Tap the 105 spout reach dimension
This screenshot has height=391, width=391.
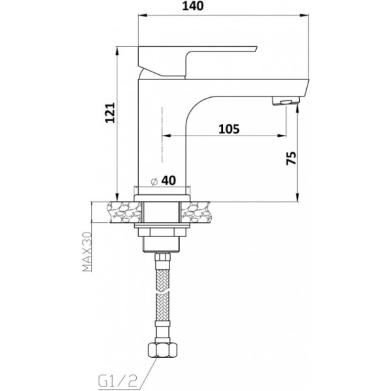[228, 128]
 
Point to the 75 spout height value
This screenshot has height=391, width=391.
[291, 159]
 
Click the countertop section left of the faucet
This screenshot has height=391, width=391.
[118, 212]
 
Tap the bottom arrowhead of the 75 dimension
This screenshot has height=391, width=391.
[298, 198]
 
